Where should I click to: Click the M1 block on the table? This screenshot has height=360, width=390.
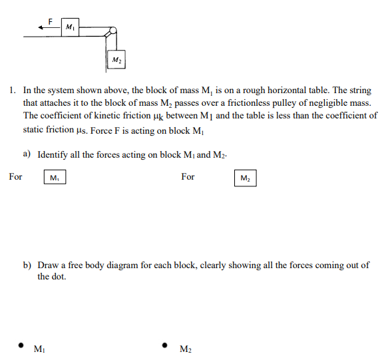(70, 27)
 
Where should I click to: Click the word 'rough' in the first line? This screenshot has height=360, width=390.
(257, 89)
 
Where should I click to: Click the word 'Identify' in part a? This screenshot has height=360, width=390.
(53, 154)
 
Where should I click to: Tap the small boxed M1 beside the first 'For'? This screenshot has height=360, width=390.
(55, 178)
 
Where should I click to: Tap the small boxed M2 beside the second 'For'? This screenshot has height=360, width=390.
(245, 178)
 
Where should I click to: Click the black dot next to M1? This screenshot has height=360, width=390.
(21, 345)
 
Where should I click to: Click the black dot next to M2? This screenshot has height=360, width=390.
(164, 345)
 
